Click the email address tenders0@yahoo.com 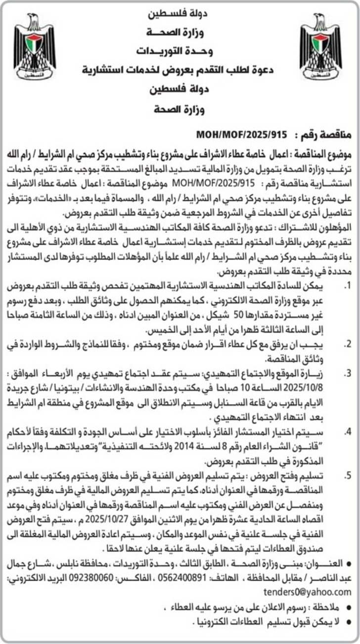point(307,592)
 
